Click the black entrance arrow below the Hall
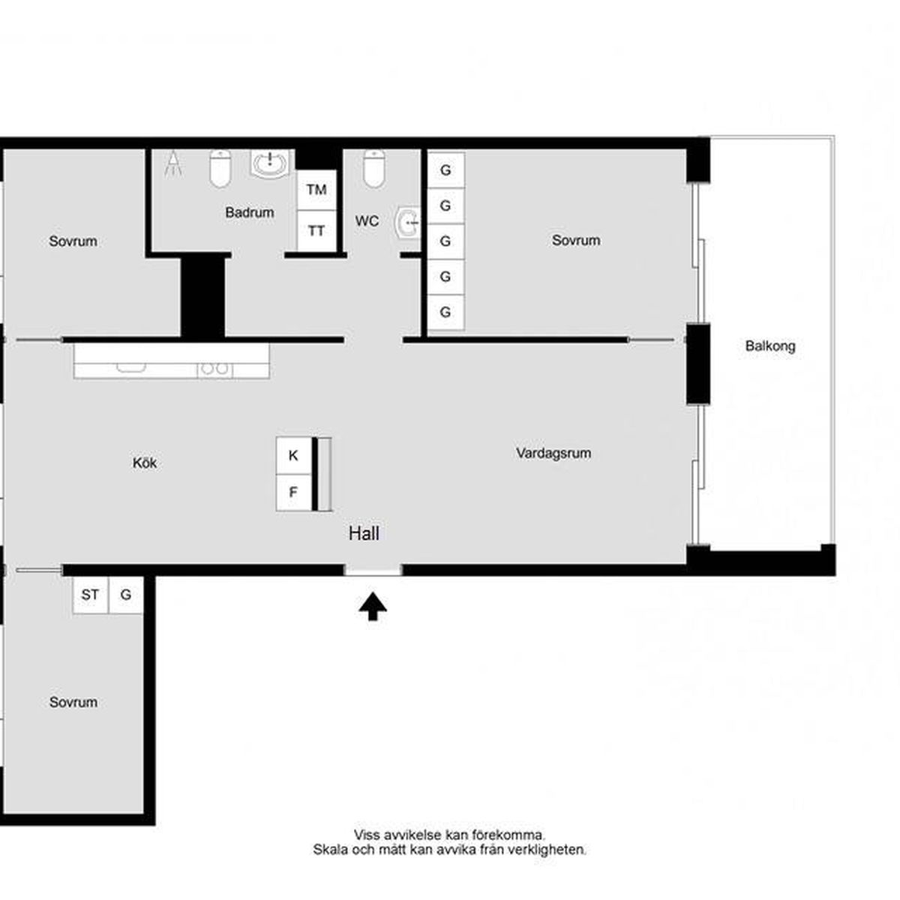[372, 606]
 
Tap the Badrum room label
[250, 212]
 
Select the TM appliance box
[316, 190]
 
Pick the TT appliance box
[316, 230]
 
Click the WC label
[367, 221]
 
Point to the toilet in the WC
[374, 168]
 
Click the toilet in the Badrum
[220, 168]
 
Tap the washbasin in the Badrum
[269, 164]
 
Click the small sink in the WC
[408, 223]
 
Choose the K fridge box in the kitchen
[293, 455]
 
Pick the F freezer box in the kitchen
[293, 492]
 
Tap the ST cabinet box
[91, 595]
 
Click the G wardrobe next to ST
[126, 595]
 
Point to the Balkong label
[770, 346]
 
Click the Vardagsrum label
[553, 453]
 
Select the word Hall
[364, 533]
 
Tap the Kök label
[145, 463]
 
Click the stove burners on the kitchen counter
[214, 369]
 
